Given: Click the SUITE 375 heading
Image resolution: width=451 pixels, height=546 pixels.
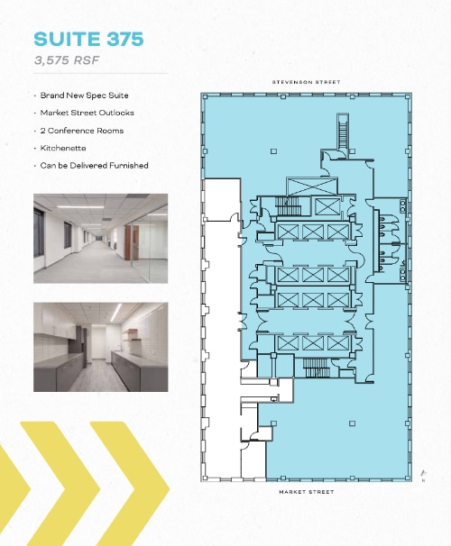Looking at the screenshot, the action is [x=88, y=39].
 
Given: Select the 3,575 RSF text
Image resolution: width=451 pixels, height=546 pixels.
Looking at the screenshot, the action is [x=67, y=60].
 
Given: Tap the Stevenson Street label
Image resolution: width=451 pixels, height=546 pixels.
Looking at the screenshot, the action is [x=306, y=82].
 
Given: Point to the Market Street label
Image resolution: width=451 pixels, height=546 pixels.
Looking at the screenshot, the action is [x=307, y=492].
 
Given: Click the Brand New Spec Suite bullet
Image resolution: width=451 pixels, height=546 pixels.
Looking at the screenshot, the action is [x=84, y=96].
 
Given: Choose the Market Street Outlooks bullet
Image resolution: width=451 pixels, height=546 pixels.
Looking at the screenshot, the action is [x=87, y=113].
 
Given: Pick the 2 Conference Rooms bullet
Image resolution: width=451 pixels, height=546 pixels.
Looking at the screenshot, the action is [x=82, y=131].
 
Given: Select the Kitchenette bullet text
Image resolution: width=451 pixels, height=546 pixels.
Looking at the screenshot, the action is [x=63, y=148].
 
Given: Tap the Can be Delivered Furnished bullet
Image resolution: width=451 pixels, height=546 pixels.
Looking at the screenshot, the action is [x=94, y=166].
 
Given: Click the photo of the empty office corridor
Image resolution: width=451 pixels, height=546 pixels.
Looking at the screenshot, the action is [x=101, y=239].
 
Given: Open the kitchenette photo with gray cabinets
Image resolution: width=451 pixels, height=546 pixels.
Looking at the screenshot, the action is [x=101, y=347].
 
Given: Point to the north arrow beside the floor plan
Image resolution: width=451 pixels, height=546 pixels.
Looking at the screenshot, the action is [x=423, y=474].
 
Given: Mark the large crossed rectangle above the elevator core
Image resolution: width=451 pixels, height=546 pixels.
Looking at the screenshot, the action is [x=312, y=187].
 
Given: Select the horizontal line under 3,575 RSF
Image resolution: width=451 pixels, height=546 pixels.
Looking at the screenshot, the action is [x=101, y=74].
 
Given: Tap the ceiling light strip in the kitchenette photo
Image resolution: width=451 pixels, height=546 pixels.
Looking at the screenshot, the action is [x=116, y=313].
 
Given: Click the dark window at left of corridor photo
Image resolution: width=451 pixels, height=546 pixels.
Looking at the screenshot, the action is [x=39, y=232].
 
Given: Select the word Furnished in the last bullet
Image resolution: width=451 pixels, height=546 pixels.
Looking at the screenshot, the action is [x=129, y=166].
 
